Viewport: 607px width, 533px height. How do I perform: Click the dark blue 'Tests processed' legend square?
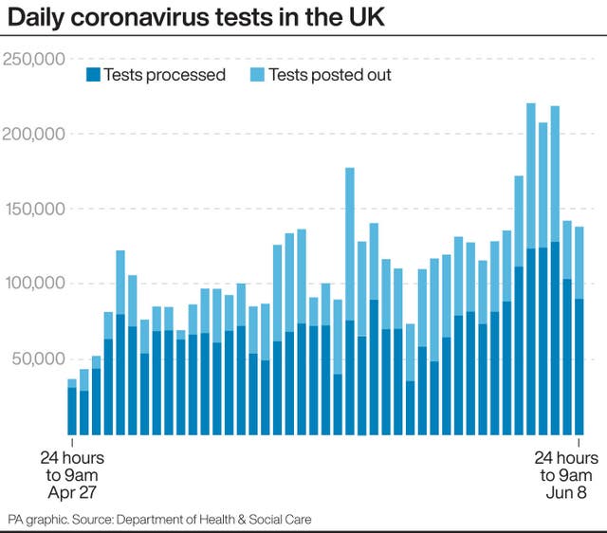(92, 74)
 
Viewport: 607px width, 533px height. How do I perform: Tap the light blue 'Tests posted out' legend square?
(257, 74)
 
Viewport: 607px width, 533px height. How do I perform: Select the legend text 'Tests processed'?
(164, 74)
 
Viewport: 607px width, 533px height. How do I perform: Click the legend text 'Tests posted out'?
(329, 74)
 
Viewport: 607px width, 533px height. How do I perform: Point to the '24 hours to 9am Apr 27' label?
(72, 475)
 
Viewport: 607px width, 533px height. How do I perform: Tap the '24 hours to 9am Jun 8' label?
(566, 475)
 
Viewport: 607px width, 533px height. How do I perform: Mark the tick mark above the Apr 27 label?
(72, 442)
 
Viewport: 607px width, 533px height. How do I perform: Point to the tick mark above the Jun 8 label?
(579, 442)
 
